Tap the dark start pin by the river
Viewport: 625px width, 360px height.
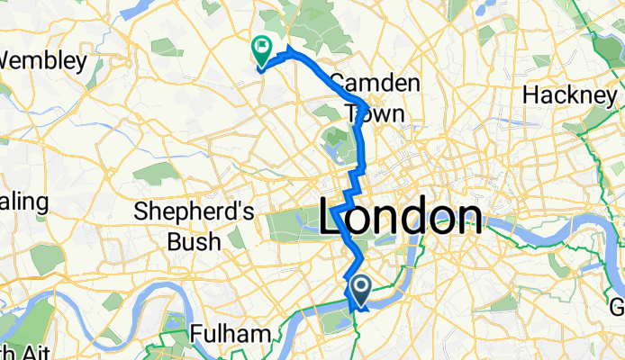coord(361,289)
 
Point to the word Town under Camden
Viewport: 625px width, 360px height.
coord(375,113)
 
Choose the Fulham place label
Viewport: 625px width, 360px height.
coord(231,335)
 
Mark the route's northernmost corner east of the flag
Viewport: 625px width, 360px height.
coord(288,48)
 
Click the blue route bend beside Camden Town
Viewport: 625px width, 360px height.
coord(363,101)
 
